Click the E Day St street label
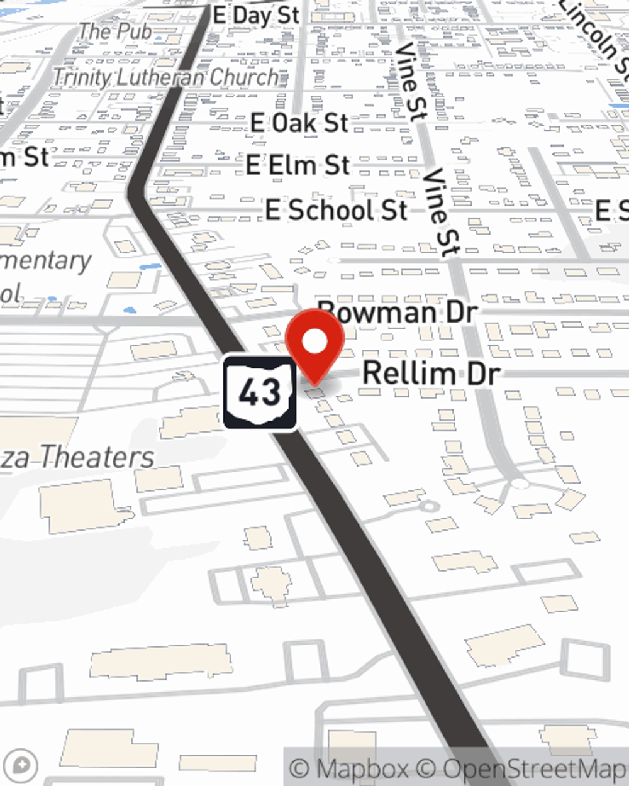point(256,15)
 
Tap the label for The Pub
point(116,31)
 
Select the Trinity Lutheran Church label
point(165,77)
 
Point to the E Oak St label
point(299,123)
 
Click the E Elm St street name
point(298,165)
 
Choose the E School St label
point(337,210)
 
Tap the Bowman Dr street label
point(398,312)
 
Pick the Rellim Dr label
point(431,374)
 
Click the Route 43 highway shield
point(259,392)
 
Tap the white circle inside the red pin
point(314,342)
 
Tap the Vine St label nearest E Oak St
point(412,82)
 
